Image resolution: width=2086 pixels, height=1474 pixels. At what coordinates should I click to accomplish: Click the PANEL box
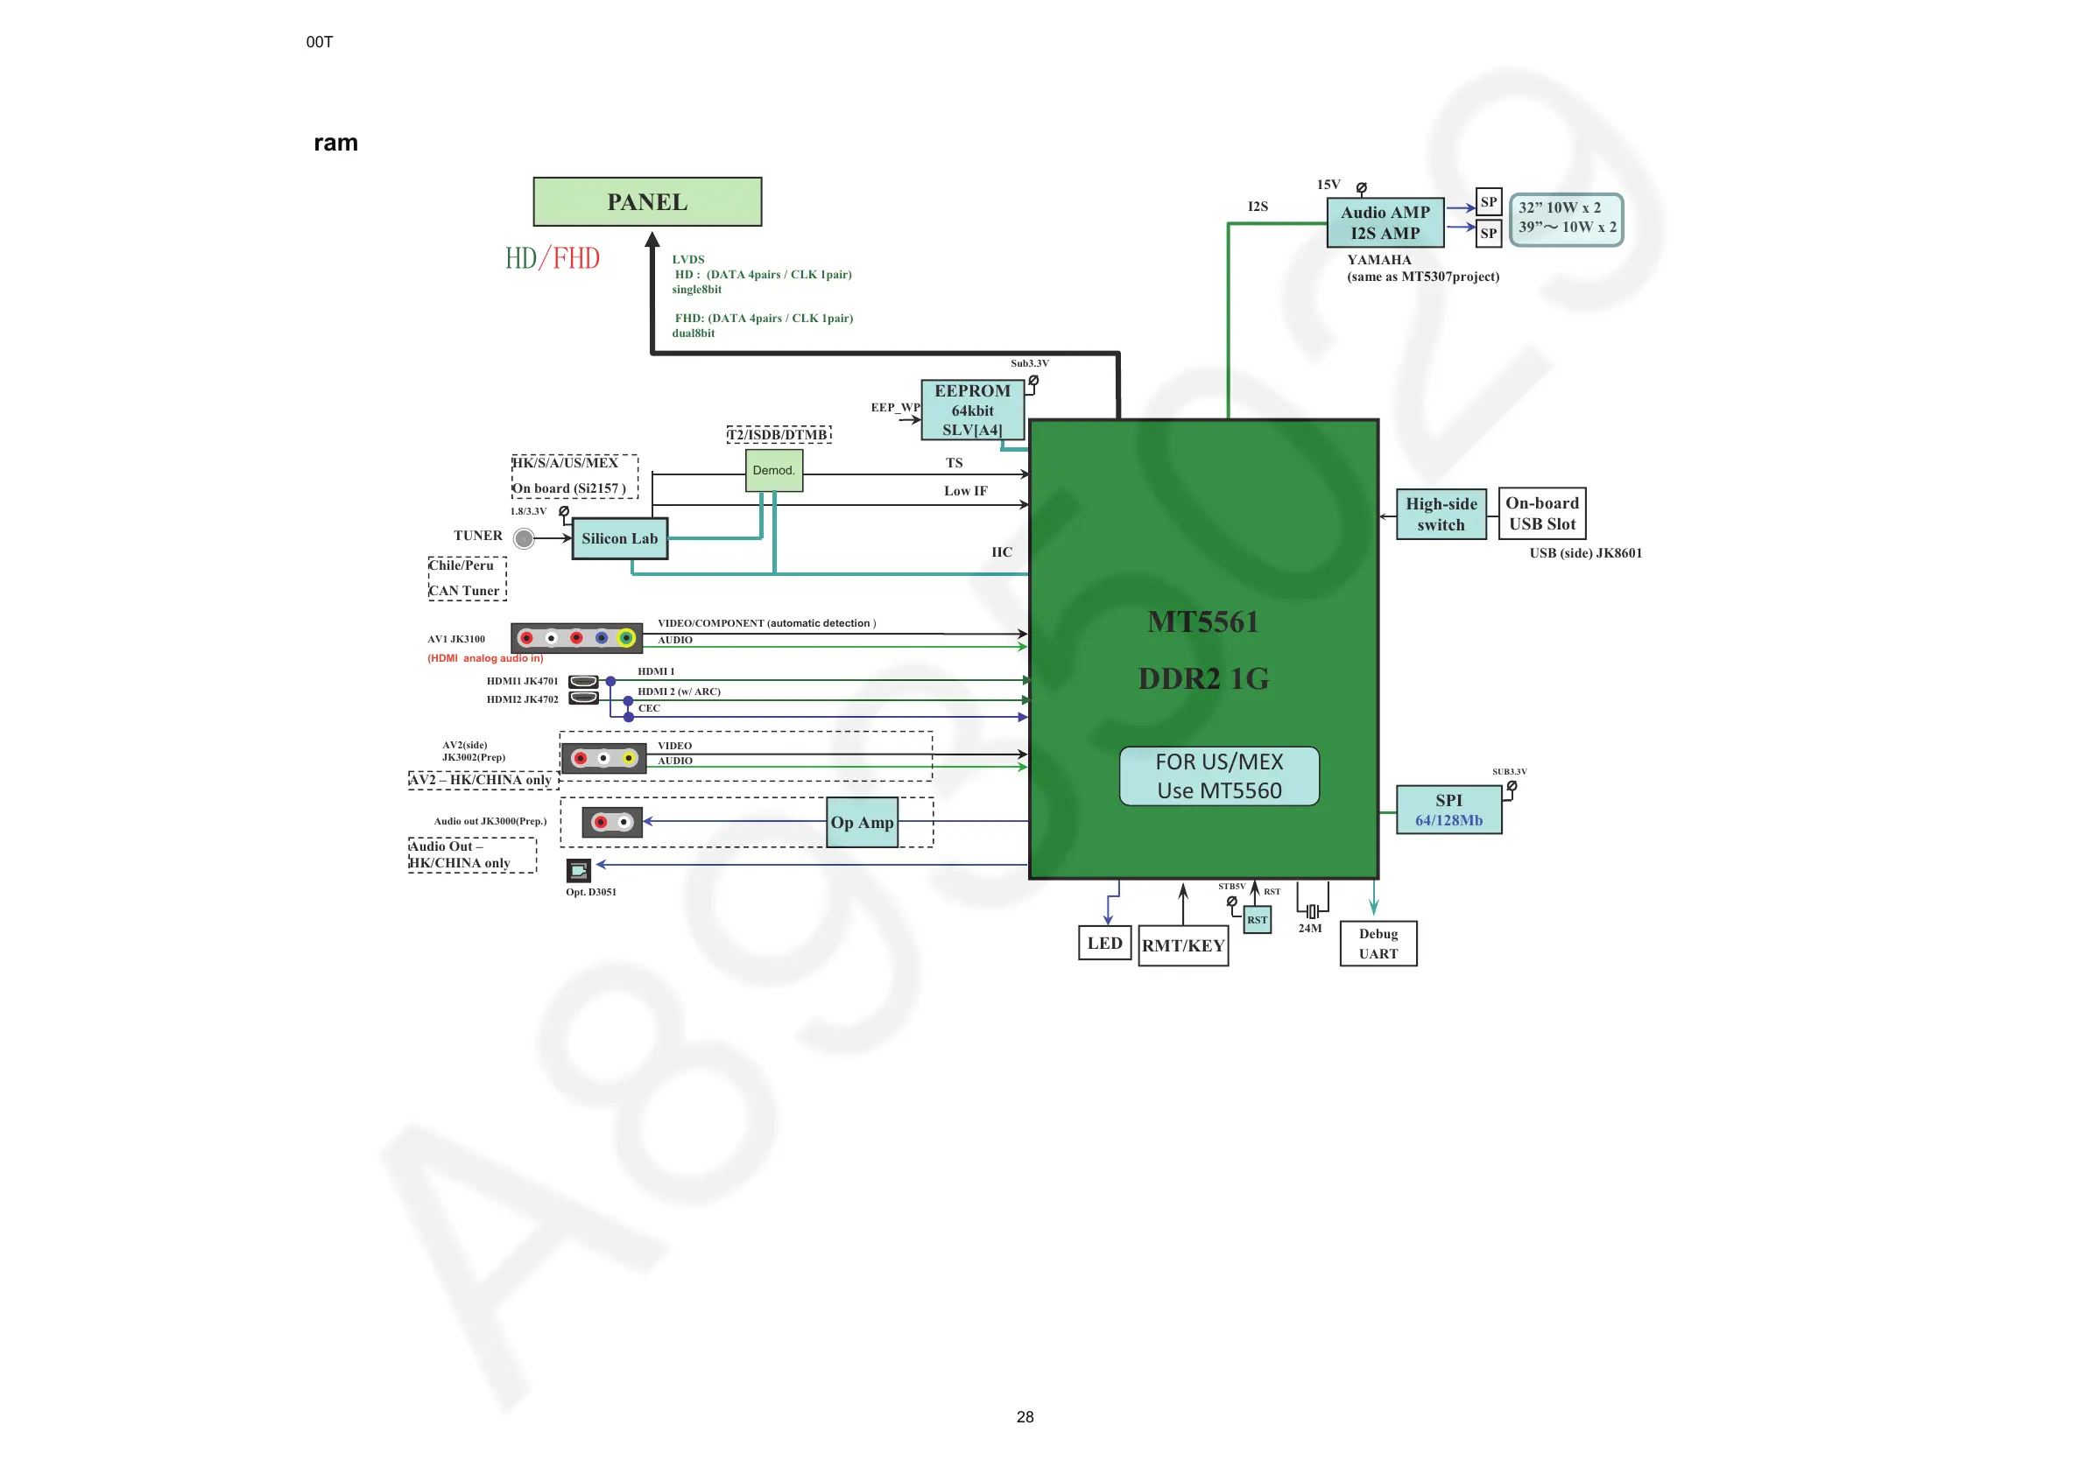pyautogui.click(x=647, y=201)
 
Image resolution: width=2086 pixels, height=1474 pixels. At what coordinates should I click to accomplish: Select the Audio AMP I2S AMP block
pyautogui.click(x=1385, y=222)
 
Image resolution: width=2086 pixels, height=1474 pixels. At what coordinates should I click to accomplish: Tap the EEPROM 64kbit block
pyautogui.click(x=972, y=410)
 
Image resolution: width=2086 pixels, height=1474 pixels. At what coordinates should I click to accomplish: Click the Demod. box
pyautogui.click(x=773, y=470)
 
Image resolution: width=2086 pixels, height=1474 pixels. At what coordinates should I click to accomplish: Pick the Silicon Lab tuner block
pyautogui.click(x=620, y=538)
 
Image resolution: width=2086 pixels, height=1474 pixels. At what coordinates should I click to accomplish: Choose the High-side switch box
pyautogui.click(x=1441, y=514)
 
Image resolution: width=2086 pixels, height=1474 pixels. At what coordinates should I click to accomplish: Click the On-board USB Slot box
pyautogui.click(x=1542, y=513)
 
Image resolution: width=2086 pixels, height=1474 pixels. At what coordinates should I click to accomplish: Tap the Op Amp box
pyautogui.click(x=863, y=823)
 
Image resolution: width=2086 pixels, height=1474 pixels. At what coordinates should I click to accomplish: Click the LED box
pyautogui.click(x=1105, y=944)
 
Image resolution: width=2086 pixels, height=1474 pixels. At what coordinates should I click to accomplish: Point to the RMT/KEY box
pyautogui.click(x=1183, y=945)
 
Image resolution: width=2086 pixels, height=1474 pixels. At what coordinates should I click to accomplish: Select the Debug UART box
pyautogui.click(x=1378, y=944)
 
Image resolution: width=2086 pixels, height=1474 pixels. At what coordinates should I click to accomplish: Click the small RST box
pyautogui.click(x=1257, y=920)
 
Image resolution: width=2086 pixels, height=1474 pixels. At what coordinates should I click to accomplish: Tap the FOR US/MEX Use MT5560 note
pyautogui.click(x=1219, y=776)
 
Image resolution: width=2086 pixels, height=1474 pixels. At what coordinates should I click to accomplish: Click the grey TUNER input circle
pyautogui.click(x=525, y=538)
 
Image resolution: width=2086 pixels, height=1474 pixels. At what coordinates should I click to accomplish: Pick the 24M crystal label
pyautogui.click(x=1309, y=928)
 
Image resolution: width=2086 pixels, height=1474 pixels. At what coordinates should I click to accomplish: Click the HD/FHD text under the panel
pyautogui.click(x=553, y=259)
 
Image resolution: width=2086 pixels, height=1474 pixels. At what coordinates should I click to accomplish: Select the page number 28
pyautogui.click(x=1025, y=1417)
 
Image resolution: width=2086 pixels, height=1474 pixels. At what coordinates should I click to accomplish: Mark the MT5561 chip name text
pyautogui.click(x=1203, y=622)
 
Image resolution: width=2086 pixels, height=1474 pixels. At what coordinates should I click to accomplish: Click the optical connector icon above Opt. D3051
pyautogui.click(x=579, y=870)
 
